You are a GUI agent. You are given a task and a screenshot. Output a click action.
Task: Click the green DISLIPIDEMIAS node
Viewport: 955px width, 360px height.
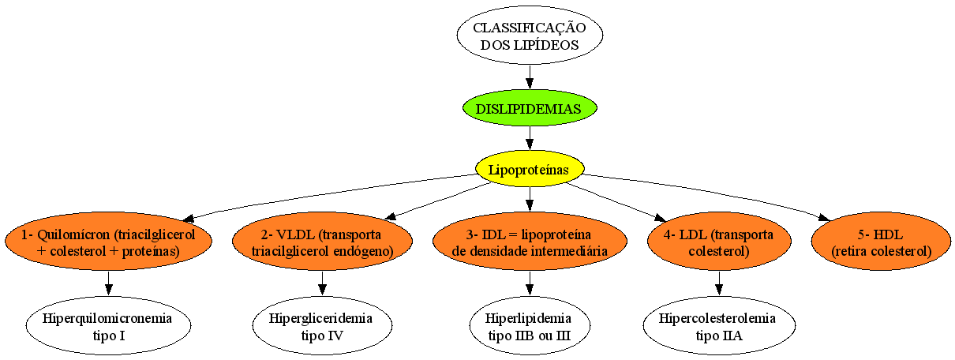click(x=530, y=108)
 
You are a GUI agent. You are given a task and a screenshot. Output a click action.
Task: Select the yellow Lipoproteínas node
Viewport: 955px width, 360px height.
click(x=530, y=168)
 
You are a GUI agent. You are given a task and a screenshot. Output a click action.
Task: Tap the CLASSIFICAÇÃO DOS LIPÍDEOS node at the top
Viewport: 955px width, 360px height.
click(x=530, y=35)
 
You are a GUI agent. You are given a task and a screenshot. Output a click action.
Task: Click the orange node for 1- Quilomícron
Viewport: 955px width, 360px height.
click(x=108, y=241)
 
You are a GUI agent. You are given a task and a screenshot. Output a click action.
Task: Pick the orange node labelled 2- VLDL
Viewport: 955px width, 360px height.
click(x=322, y=241)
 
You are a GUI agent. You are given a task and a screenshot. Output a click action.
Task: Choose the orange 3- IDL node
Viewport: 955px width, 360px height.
click(x=530, y=241)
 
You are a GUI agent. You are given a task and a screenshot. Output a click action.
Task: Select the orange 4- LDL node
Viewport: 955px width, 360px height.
click(x=719, y=241)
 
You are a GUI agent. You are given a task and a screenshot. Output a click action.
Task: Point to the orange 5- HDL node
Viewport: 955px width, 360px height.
click(x=882, y=241)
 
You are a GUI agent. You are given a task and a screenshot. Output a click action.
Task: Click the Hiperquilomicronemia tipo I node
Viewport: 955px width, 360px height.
click(x=108, y=325)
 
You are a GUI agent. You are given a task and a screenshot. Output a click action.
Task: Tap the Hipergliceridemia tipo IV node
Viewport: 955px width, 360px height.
click(x=322, y=325)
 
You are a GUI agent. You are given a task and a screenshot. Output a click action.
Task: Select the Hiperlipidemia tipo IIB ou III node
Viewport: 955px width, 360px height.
click(x=530, y=325)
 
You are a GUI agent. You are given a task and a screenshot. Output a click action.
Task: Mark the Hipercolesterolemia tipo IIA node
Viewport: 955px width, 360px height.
click(x=719, y=325)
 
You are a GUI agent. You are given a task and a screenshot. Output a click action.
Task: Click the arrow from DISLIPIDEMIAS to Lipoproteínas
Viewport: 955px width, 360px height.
click(x=530, y=138)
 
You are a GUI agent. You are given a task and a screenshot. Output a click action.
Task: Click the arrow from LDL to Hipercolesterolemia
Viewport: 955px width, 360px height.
click(x=719, y=283)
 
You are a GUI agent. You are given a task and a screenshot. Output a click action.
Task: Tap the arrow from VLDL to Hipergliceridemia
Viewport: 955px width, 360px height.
click(x=322, y=283)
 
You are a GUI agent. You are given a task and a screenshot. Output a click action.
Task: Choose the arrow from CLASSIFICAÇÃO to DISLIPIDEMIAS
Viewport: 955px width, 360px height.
click(x=530, y=77)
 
